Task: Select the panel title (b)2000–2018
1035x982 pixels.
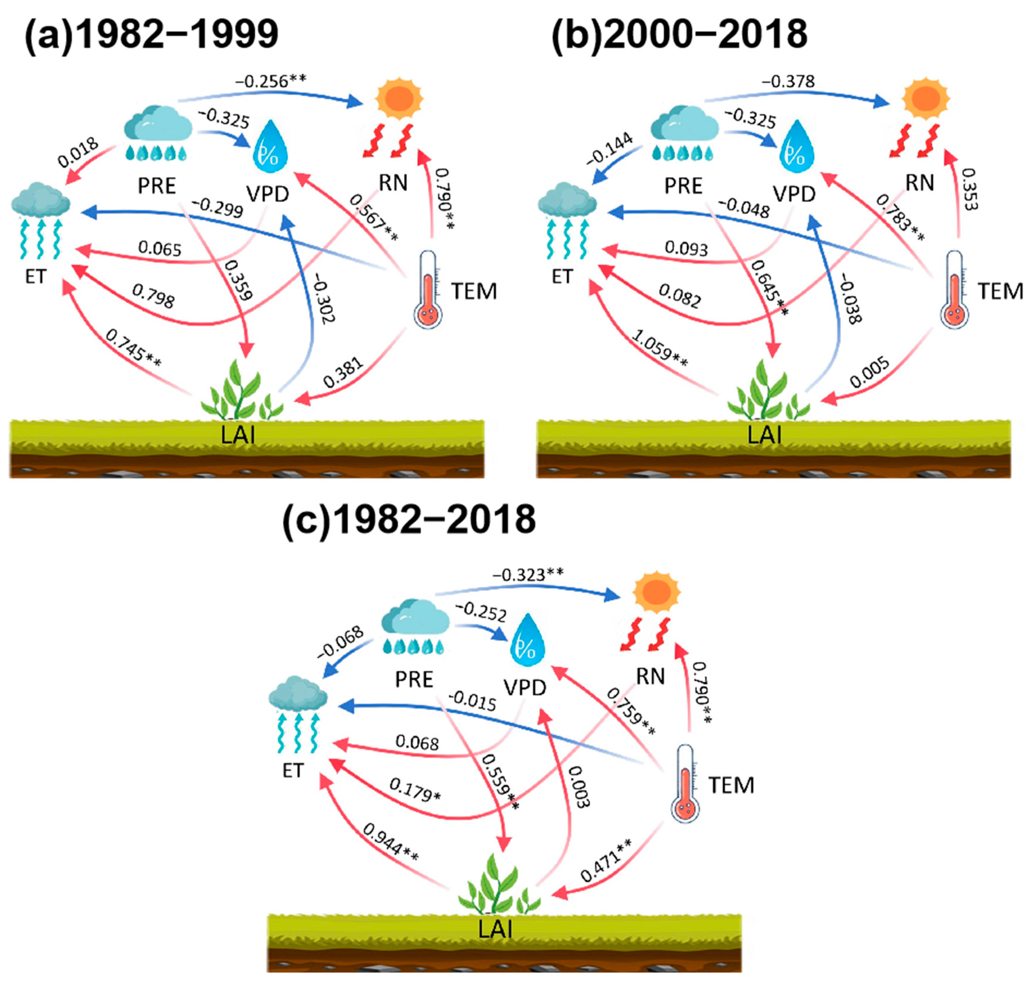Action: tap(679, 35)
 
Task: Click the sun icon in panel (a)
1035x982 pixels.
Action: tap(399, 98)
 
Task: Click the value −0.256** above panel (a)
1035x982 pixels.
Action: tap(270, 82)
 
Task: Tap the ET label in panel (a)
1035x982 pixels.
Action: tap(36, 276)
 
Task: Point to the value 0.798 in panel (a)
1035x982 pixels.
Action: tap(153, 296)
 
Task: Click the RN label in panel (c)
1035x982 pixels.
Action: tap(650, 676)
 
